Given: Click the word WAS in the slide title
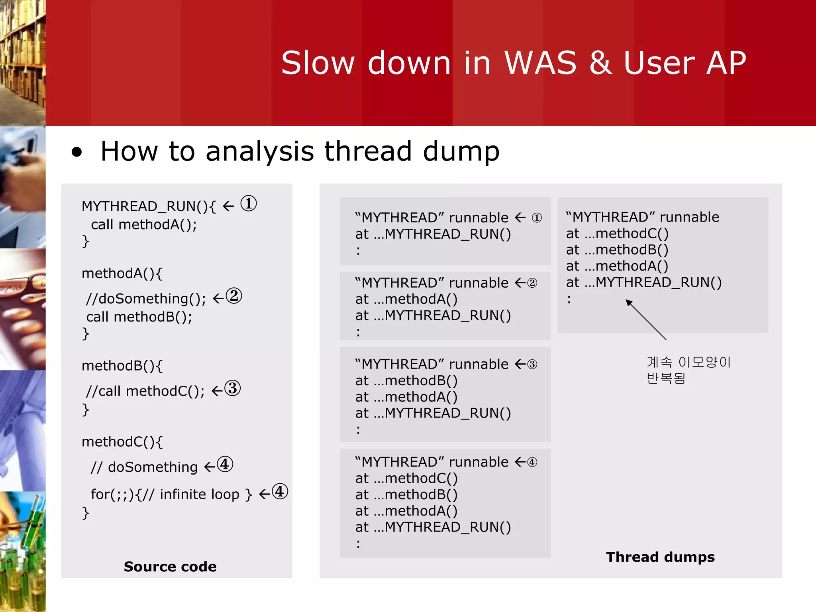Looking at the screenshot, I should [x=540, y=63].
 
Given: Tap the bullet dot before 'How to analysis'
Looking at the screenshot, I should [x=76, y=152].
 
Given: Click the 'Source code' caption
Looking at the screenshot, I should [x=170, y=566].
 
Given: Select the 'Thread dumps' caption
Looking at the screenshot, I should [x=660, y=557].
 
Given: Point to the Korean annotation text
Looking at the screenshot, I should [x=688, y=370].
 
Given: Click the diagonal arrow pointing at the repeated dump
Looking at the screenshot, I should [x=646, y=320].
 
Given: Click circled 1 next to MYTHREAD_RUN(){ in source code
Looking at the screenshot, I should [x=249, y=204].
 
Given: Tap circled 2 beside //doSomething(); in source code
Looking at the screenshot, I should [x=234, y=296].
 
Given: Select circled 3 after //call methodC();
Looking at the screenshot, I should [x=233, y=388].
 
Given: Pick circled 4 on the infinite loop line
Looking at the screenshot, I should [x=280, y=492].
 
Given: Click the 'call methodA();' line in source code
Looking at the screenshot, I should [x=144, y=225].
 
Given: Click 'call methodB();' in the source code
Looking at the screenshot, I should [x=139, y=317].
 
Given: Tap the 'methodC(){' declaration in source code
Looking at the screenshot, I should [x=122, y=442].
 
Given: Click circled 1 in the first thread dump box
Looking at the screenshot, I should [x=537, y=218].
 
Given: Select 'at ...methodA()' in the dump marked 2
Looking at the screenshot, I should [x=406, y=299].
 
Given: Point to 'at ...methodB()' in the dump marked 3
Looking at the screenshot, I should [x=406, y=381].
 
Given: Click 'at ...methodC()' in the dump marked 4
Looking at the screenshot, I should [x=406, y=478].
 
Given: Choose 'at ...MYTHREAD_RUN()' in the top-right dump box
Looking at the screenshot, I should [x=643, y=282].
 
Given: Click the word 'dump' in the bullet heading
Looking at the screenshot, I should [x=461, y=151].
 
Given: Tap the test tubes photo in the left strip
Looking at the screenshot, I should [x=23, y=552].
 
